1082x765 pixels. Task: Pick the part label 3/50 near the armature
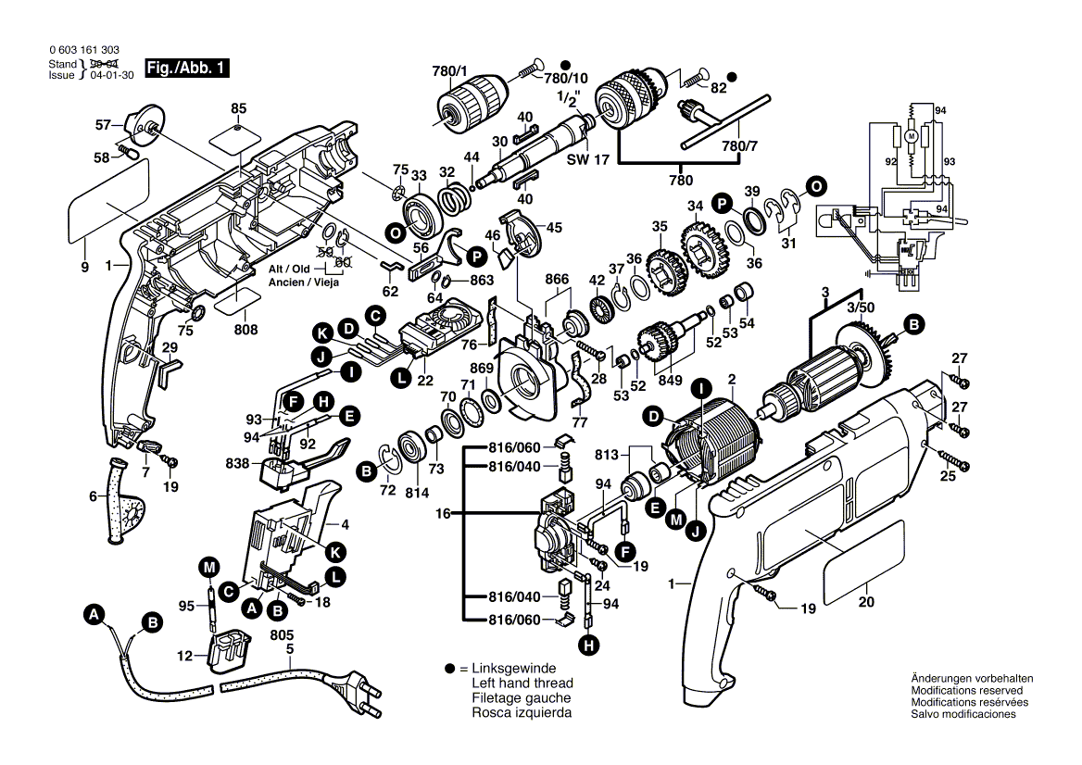click(859, 306)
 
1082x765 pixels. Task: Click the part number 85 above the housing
click(239, 108)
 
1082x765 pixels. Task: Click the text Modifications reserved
click(966, 691)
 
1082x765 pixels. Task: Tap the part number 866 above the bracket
click(556, 279)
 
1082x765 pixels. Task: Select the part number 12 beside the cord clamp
click(185, 656)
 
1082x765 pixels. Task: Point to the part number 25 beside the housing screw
click(947, 477)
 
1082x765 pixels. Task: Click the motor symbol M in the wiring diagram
click(911, 136)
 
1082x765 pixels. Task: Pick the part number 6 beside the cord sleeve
click(92, 496)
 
